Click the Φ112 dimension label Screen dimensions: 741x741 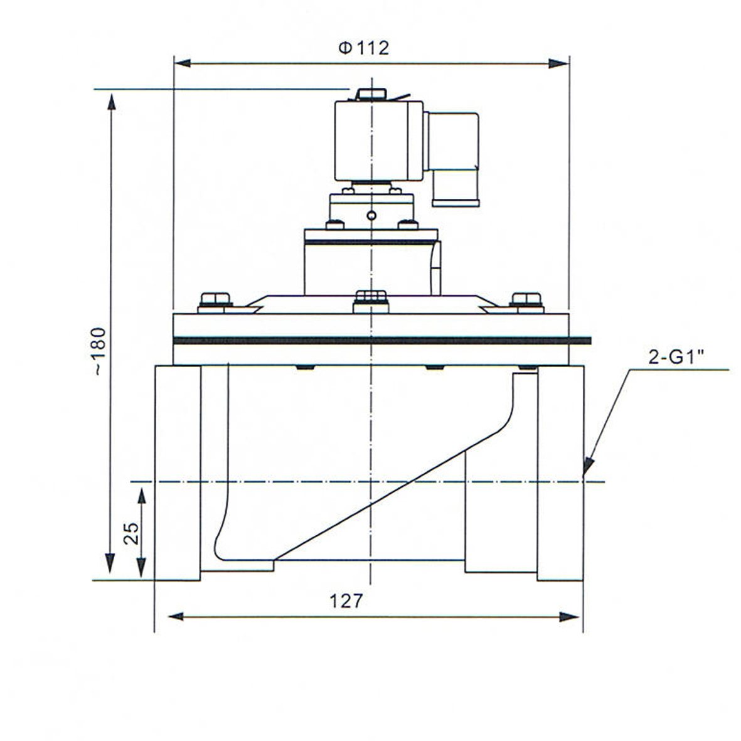(364, 48)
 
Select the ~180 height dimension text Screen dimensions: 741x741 (100, 351)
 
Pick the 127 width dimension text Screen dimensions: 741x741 (346, 601)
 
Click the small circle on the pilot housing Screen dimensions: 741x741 (371, 216)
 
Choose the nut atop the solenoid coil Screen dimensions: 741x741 (371, 95)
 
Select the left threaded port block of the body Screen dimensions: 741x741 (178, 472)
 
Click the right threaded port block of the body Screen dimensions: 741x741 (560, 472)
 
